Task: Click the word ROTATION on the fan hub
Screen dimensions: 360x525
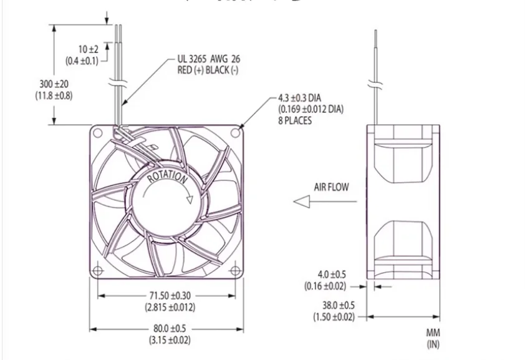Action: coord(167,177)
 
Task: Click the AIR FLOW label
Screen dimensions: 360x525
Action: coord(331,187)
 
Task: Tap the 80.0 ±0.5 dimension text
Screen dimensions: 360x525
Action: coord(170,329)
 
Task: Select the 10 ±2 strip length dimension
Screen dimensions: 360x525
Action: coord(88,49)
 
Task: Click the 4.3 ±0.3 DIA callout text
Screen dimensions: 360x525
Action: coord(307,99)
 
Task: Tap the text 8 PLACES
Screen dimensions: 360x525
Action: coord(295,120)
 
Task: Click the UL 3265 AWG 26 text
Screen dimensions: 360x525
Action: coord(209,59)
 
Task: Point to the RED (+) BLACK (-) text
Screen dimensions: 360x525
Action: coord(208,70)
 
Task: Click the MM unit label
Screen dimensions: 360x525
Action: coord(433,334)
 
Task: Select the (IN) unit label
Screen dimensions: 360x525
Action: coord(433,344)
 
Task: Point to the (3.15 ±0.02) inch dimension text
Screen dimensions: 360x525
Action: coord(170,340)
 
